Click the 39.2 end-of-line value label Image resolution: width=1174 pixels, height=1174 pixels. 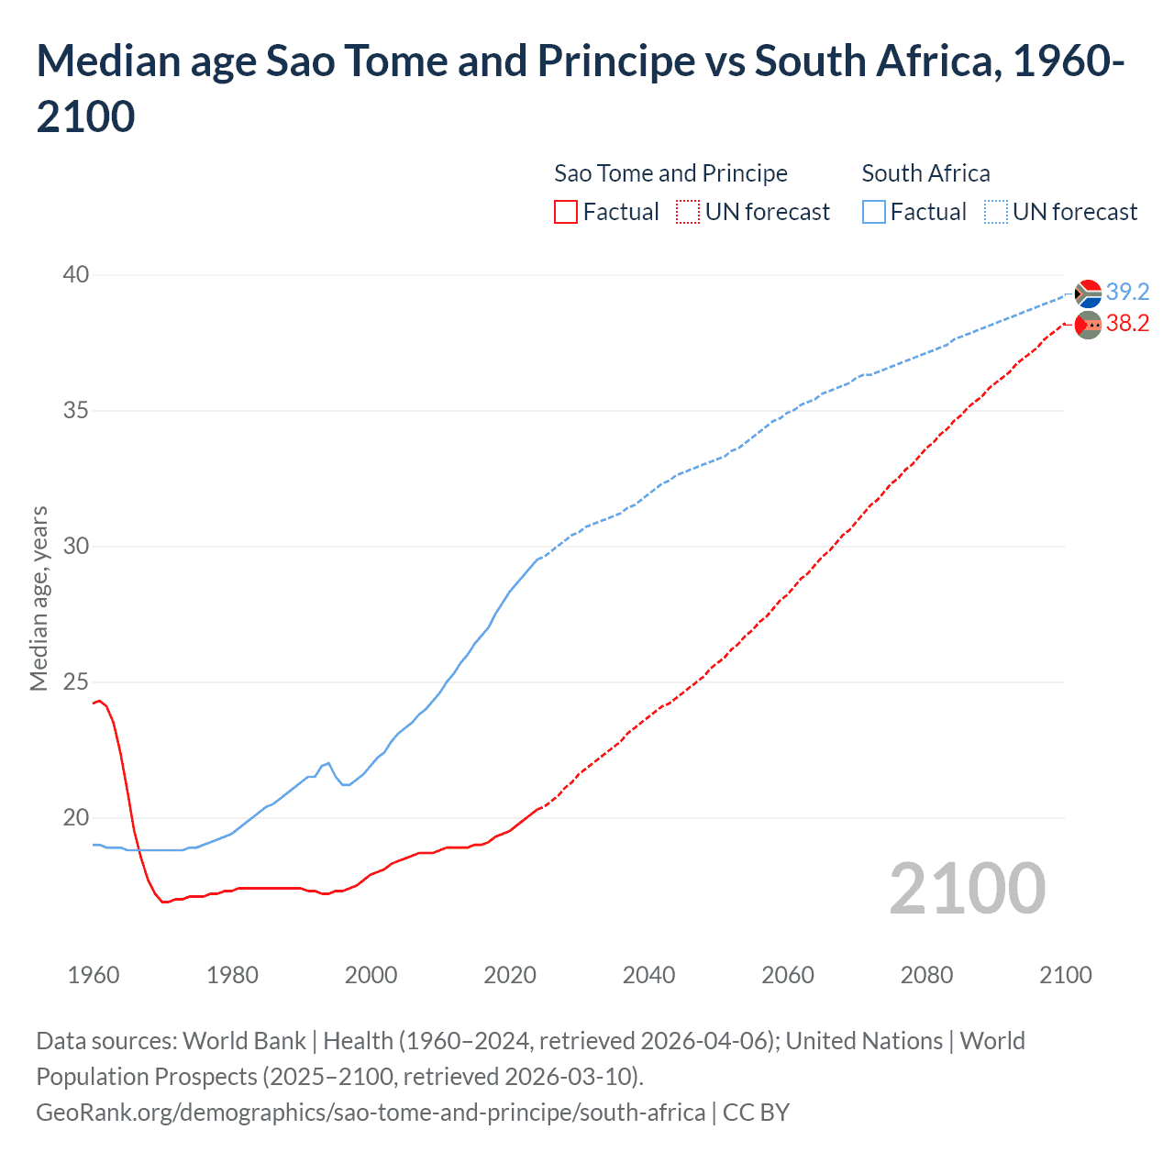pyautogui.click(x=1127, y=292)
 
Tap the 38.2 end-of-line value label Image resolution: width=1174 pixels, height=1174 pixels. pyautogui.click(x=1127, y=323)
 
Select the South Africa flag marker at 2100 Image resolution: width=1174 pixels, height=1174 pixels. pyautogui.click(x=1088, y=293)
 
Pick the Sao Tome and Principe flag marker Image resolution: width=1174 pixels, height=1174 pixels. pyautogui.click(x=1088, y=325)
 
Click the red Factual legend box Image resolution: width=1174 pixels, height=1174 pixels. pyautogui.click(x=566, y=212)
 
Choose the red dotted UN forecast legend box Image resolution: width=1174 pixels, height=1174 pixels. pyautogui.click(x=688, y=212)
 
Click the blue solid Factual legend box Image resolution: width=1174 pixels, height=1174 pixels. pyautogui.click(x=874, y=212)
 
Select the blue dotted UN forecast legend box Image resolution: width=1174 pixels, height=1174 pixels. pyautogui.click(x=996, y=212)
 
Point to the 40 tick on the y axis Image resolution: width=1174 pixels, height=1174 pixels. pyautogui.click(x=76, y=274)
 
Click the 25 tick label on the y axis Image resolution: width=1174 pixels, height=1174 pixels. pyautogui.click(x=76, y=681)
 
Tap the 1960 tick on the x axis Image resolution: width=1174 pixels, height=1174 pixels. pyautogui.click(x=94, y=974)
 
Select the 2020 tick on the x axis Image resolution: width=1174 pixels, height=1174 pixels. pyautogui.click(x=510, y=974)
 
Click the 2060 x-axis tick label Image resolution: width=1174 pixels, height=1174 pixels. pyautogui.click(x=788, y=974)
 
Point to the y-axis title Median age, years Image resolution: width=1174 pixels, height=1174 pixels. pyautogui.click(x=39, y=598)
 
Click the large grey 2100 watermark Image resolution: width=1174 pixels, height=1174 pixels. pyautogui.click(x=967, y=888)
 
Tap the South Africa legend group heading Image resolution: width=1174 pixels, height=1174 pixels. pyautogui.click(x=925, y=173)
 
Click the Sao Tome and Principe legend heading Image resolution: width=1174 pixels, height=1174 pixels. pyautogui.click(x=670, y=173)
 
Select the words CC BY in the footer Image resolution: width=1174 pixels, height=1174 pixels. pyautogui.click(x=756, y=1113)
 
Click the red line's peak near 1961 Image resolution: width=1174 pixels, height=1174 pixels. pyautogui.click(x=100, y=701)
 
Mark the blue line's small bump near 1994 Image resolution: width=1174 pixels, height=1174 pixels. pyautogui.click(x=328, y=763)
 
